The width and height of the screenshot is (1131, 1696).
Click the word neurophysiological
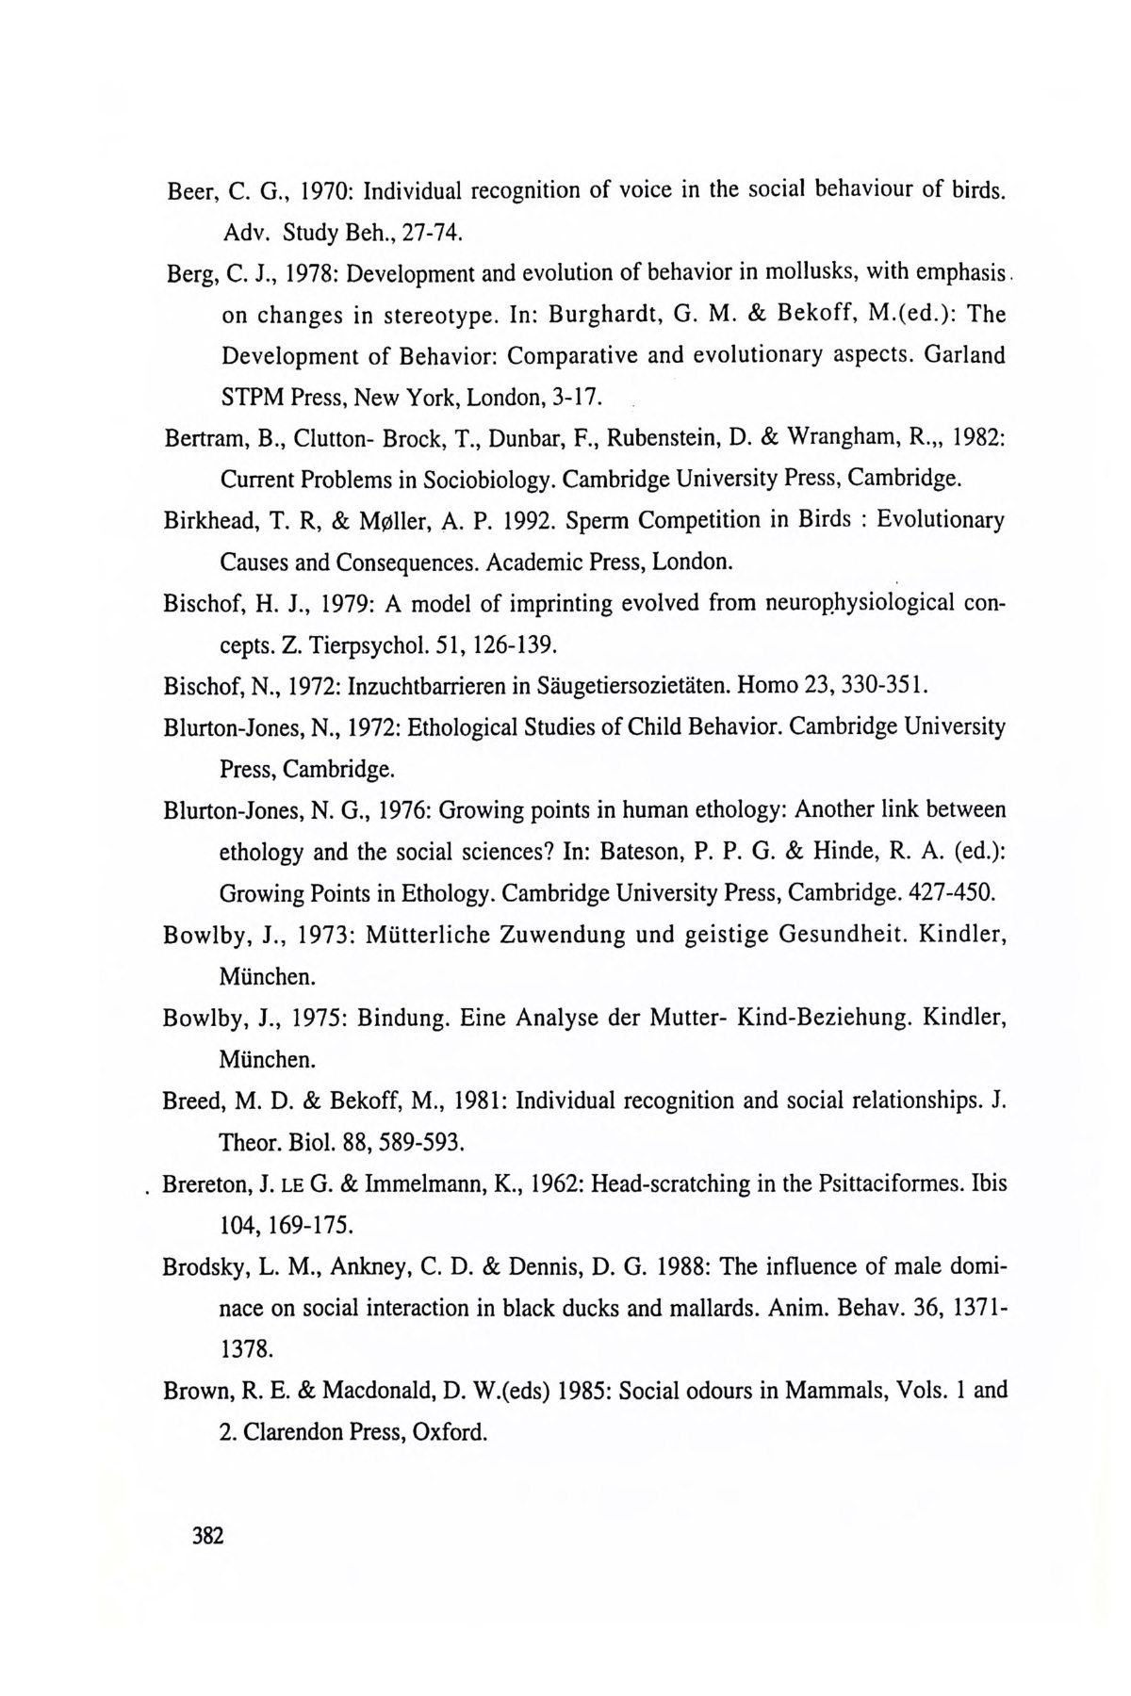854,603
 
